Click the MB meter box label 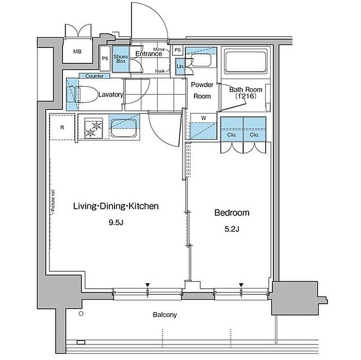[77, 52]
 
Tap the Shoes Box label [121, 59]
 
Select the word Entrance [149, 54]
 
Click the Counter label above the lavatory [94, 76]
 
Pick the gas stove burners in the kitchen [93, 128]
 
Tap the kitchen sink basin [124, 128]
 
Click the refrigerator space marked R [62, 127]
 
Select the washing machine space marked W [204, 126]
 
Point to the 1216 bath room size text [245, 96]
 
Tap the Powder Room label [202, 90]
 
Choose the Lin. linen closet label [180, 67]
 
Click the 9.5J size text [116, 223]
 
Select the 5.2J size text [232, 229]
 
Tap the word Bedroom [232, 212]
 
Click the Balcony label [165, 315]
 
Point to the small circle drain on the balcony [81, 314]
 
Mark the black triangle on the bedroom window [241, 285]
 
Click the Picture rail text [53, 202]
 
